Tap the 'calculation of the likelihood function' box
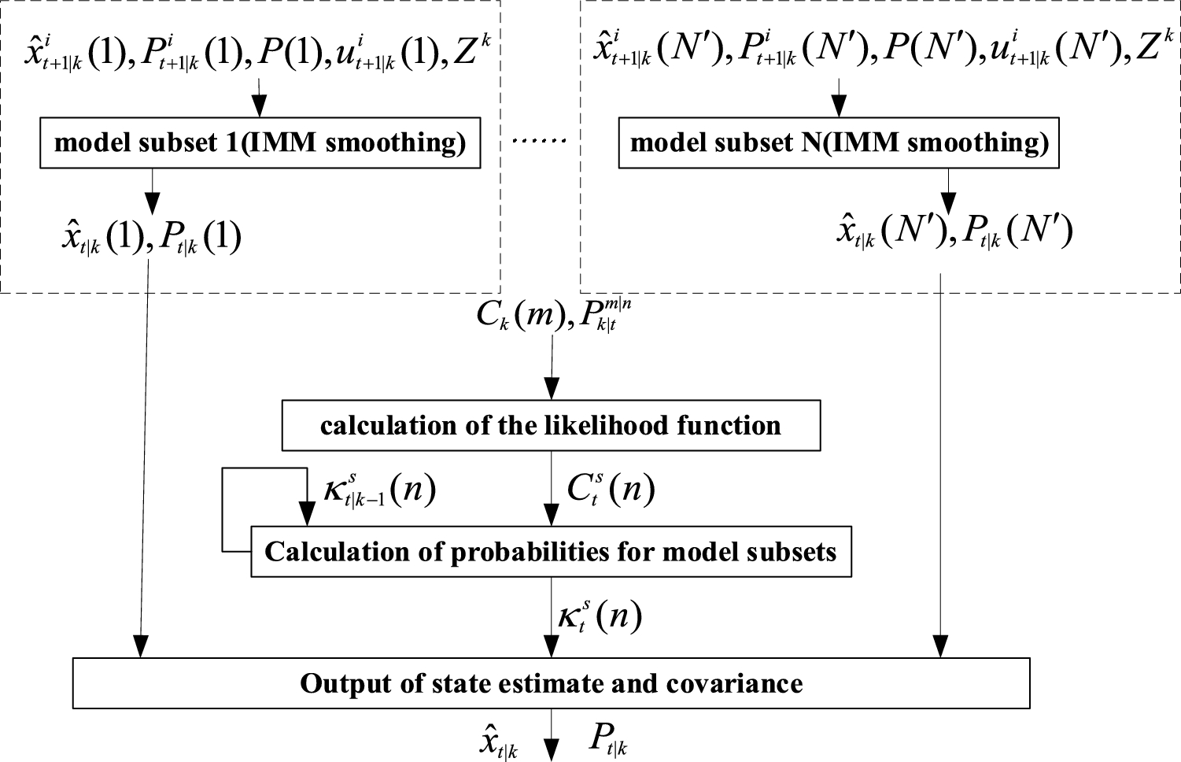(551, 426)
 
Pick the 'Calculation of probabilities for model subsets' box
(551, 552)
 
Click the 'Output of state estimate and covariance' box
(551, 682)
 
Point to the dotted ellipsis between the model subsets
(540, 142)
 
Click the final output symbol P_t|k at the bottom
(609, 739)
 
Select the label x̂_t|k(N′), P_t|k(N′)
(954, 233)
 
